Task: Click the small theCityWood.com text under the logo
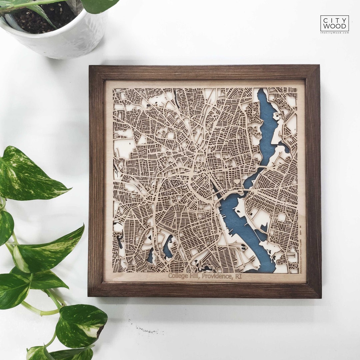(334, 33)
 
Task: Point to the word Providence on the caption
(217, 276)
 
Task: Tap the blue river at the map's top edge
(263, 100)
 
